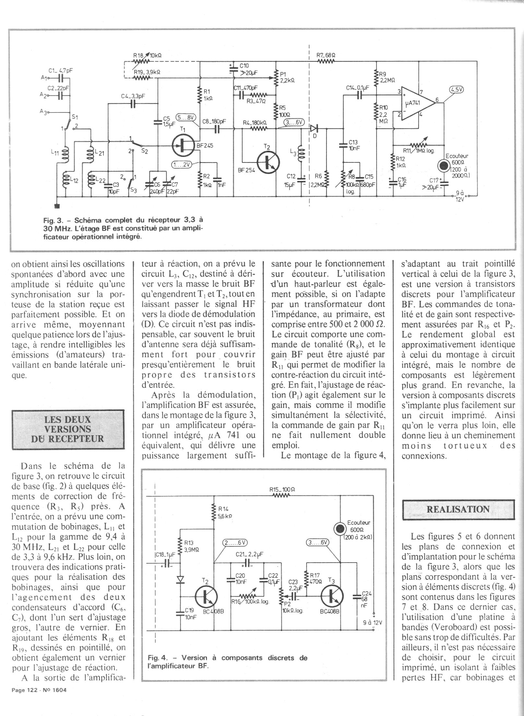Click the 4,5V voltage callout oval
(x=457, y=90)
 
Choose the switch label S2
(x=145, y=151)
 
